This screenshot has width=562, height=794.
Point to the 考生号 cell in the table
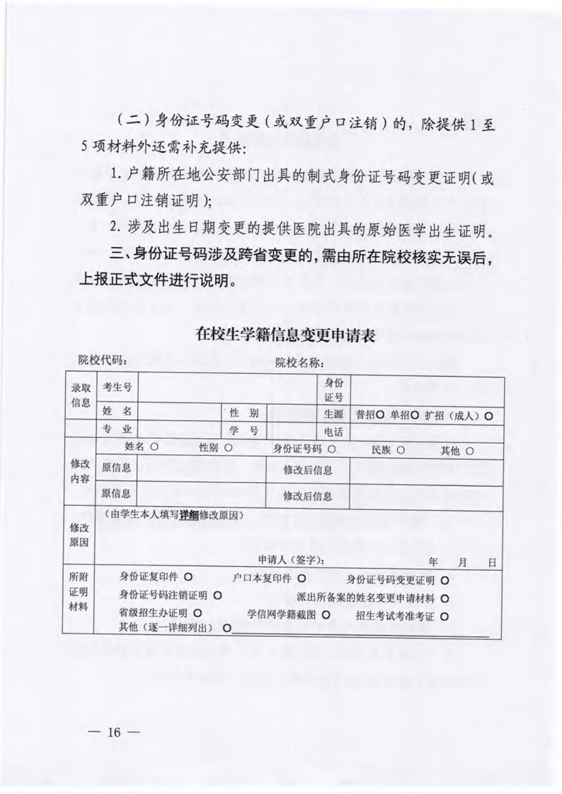117,386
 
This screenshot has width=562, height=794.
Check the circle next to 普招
380,415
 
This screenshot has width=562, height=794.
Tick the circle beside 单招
415,415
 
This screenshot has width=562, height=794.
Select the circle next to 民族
400,449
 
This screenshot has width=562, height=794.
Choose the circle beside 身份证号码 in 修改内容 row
331,449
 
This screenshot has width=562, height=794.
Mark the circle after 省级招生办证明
196,613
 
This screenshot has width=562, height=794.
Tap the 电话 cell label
333,432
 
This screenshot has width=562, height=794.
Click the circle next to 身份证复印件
189,577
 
